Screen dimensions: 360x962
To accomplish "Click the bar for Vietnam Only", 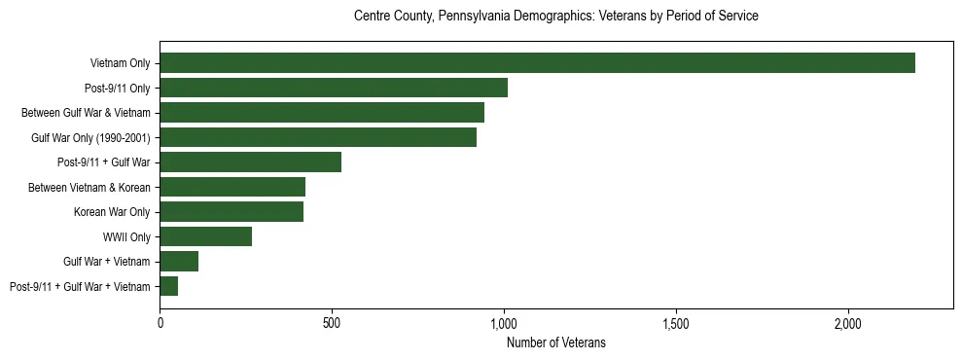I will click(537, 63).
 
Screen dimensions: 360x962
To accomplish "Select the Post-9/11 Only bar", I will click(334, 88).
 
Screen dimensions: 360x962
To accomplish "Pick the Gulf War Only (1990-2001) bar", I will click(318, 137).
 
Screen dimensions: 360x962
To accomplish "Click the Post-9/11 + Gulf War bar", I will click(251, 162).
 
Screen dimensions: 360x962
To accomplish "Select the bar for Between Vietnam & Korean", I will click(232, 187).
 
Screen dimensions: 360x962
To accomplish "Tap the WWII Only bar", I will click(206, 236).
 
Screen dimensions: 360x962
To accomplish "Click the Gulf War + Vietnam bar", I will click(179, 261).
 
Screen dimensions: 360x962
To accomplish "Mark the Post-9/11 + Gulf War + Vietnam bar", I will click(169, 286).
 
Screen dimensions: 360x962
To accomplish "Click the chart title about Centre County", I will click(555, 17).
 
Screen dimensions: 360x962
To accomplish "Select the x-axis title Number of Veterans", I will click(555, 342).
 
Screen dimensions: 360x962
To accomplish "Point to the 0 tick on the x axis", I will click(160, 322).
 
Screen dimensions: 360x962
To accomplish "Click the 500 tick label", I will click(332, 322).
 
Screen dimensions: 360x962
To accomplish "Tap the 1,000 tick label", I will click(504, 322).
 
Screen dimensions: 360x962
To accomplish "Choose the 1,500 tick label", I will click(676, 322).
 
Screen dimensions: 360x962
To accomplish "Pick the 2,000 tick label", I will click(848, 322).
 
